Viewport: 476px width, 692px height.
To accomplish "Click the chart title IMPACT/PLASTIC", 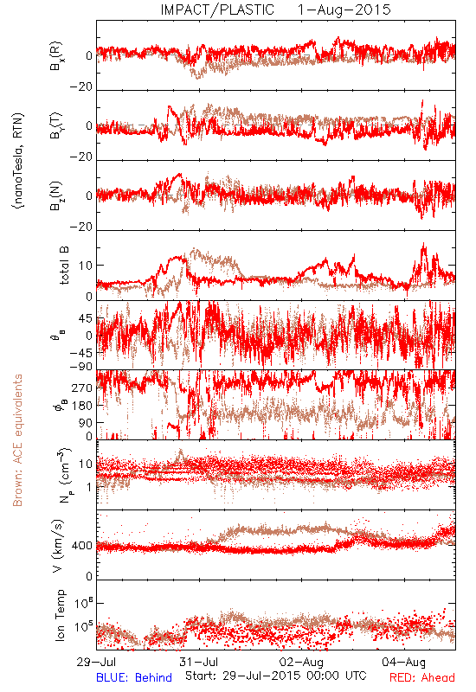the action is (x=217, y=10).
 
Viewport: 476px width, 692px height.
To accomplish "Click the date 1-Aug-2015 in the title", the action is (x=344, y=10).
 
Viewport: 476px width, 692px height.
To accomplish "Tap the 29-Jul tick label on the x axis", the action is (x=96, y=662).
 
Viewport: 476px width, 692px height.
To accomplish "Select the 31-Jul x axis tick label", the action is (x=199, y=662).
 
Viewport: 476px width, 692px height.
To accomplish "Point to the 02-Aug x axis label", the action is (x=301, y=662).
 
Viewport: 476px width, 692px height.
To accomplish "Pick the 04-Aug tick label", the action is (x=404, y=662).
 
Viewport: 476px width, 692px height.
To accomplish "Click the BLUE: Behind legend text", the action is (x=134, y=677).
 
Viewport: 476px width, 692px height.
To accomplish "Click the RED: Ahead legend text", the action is (x=422, y=677).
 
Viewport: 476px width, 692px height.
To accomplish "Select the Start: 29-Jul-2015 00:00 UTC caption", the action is (x=276, y=676).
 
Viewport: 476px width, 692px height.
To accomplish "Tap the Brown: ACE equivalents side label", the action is (x=17, y=440).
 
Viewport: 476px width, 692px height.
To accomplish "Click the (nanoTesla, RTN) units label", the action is (x=18, y=161).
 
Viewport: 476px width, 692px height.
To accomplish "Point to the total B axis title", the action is (x=64, y=266).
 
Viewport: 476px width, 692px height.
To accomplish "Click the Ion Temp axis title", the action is (x=60, y=615).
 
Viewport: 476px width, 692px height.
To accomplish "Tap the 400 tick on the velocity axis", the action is (x=82, y=546).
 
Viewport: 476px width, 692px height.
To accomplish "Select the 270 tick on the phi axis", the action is (x=82, y=388).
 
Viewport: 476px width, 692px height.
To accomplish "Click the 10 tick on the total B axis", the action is (x=86, y=266).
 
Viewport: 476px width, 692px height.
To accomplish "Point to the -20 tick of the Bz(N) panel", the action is (x=80, y=227).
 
